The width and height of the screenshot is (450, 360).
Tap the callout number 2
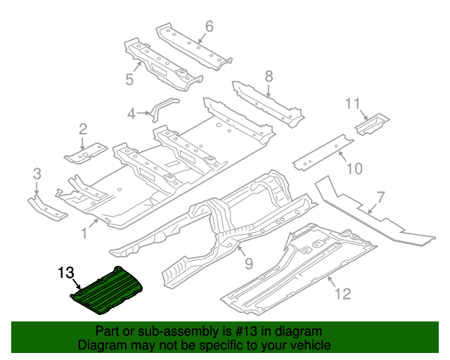pos(83,129)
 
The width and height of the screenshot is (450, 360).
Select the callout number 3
pos(37,173)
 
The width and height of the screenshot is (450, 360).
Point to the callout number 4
pos(131,113)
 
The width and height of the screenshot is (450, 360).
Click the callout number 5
pos(129,79)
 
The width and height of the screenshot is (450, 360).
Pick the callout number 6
pos(209,27)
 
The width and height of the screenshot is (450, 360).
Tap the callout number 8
pos(268,76)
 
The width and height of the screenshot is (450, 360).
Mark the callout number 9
pos(247,264)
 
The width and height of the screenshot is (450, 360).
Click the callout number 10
pos(354,168)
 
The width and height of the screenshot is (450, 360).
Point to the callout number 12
pos(342,293)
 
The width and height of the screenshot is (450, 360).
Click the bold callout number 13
pos(65,272)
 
